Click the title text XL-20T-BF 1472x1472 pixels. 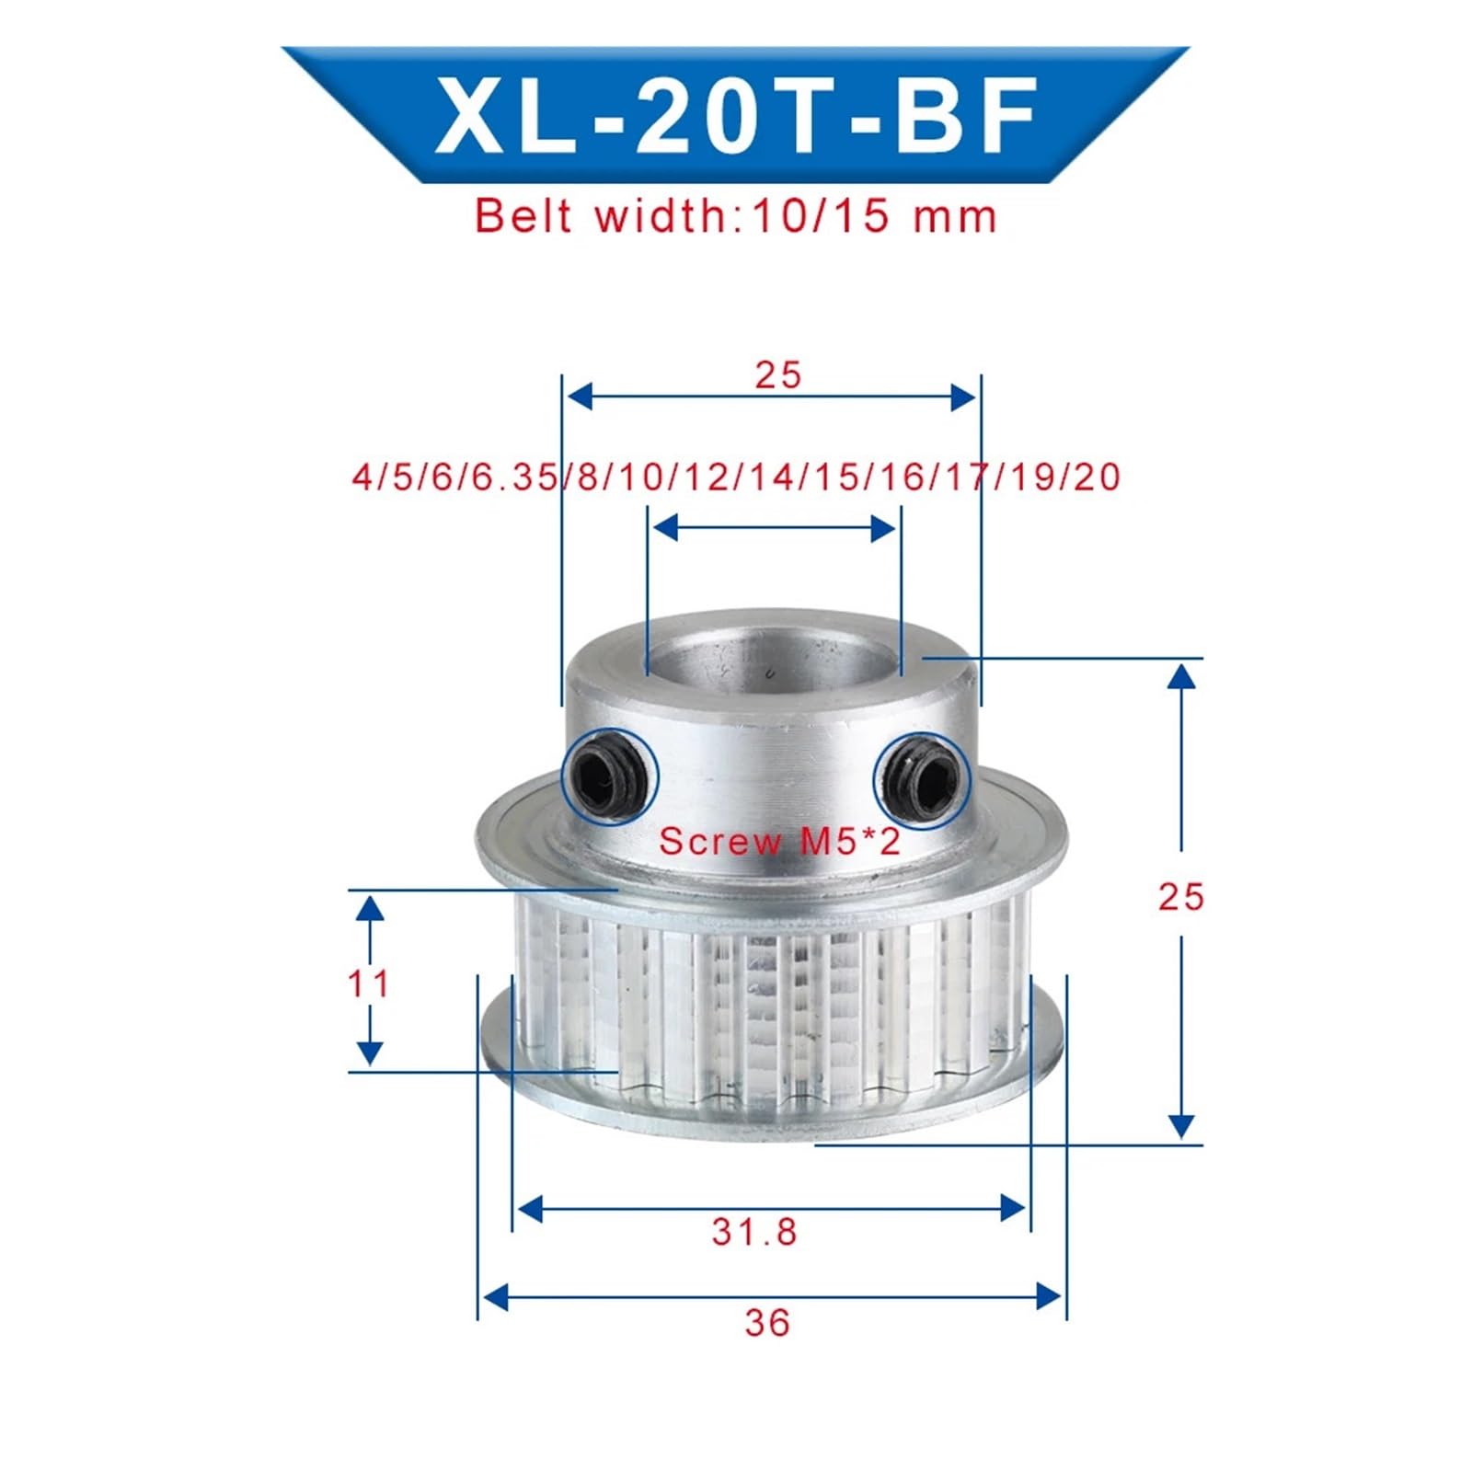pyautogui.click(x=736, y=114)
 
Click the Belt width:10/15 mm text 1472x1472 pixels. pyautogui.click(x=736, y=217)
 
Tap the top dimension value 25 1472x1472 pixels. pyautogui.click(x=778, y=374)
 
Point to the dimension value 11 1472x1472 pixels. pyautogui.click(x=368, y=983)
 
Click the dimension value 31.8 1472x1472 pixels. pyautogui.click(x=754, y=1232)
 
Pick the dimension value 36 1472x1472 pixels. pyautogui.click(x=767, y=1323)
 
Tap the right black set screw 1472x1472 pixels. pyautogui.click(x=922, y=775)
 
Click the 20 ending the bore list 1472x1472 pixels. pyautogui.click(x=1097, y=477)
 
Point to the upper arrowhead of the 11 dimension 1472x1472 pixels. pyautogui.click(x=369, y=908)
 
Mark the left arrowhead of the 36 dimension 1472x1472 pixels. pyautogui.click(x=496, y=1297)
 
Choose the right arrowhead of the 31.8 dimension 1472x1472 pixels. pyautogui.click(x=1012, y=1208)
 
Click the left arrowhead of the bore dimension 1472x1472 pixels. pyautogui.click(x=665, y=528)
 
